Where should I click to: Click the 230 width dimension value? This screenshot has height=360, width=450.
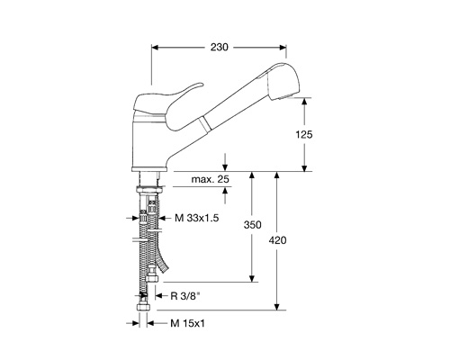pos(220,47)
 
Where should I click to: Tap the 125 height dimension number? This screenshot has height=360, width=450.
pos(304,135)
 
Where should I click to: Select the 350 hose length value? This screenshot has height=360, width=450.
pos(252,225)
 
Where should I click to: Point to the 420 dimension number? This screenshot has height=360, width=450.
pos(277,240)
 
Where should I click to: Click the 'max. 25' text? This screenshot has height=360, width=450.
pos(211,179)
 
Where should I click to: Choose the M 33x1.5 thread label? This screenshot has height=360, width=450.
pos(197,218)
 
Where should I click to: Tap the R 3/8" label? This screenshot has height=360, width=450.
pos(185,296)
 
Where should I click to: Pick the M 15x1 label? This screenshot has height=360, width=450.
pos(188,323)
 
